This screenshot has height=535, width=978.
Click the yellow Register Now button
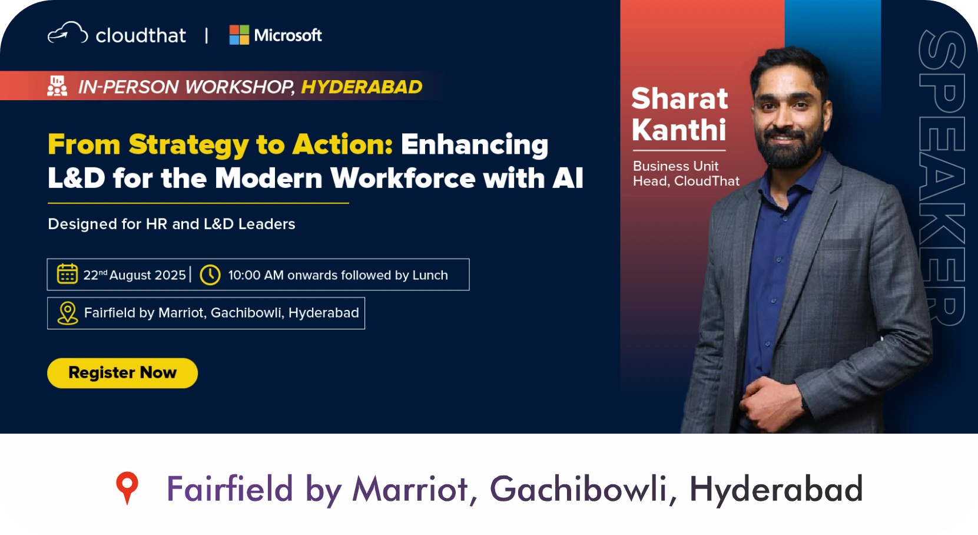pyautogui.click(x=122, y=373)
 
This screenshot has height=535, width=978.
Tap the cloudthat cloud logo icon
pyautogui.click(x=68, y=33)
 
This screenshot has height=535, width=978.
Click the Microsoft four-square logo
pyautogui.click(x=239, y=35)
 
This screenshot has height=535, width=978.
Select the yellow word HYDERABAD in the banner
pyautogui.click(x=362, y=87)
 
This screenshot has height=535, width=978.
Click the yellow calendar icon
pyautogui.click(x=67, y=274)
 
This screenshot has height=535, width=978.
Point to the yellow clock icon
pyautogui.click(x=210, y=275)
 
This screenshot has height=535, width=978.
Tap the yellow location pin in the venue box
pyautogui.click(x=68, y=313)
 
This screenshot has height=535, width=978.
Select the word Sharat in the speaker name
pyautogui.click(x=679, y=98)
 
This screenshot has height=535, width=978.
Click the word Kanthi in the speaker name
pyautogui.click(x=678, y=130)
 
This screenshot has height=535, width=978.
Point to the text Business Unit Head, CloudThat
pyautogui.click(x=686, y=173)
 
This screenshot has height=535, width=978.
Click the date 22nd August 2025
pyautogui.click(x=134, y=275)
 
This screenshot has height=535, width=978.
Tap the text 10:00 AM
pyautogui.click(x=256, y=275)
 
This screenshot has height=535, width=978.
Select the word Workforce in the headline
pyautogui.click(x=402, y=178)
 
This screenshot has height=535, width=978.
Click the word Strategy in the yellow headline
pyautogui.click(x=189, y=145)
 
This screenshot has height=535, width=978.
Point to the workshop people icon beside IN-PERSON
pyautogui.click(x=57, y=85)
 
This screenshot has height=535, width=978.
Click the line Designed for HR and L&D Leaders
pyautogui.click(x=171, y=224)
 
